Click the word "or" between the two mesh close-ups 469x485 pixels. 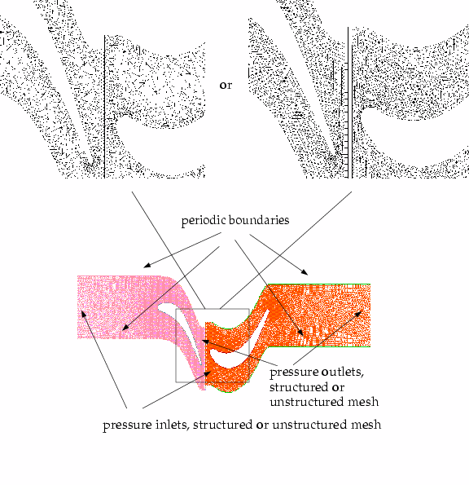click(x=226, y=86)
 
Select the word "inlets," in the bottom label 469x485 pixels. click(x=173, y=425)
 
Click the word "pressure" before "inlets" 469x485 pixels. click(x=127, y=425)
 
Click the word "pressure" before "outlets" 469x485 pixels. click(x=294, y=373)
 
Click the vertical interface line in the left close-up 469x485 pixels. click(x=104, y=107)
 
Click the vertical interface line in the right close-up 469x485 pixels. click(x=348, y=103)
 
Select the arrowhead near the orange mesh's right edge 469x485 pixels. click(x=358, y=314)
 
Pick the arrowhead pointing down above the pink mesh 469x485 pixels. click(x=147, y=265)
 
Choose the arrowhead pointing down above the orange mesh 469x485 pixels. click(x=305, y=272)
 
